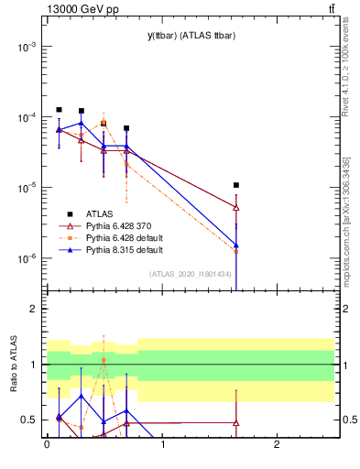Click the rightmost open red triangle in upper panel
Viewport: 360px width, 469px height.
pyautogui.click(x=236, y=207)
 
